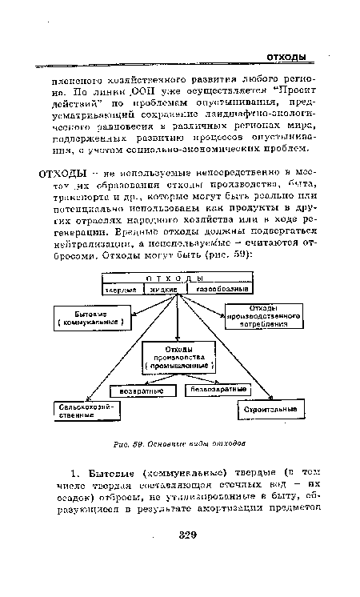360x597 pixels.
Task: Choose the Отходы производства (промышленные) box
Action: pyautogui.click(x=180, y=358)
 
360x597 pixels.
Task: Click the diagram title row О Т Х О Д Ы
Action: pyautogui.click(x=178, y=278)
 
